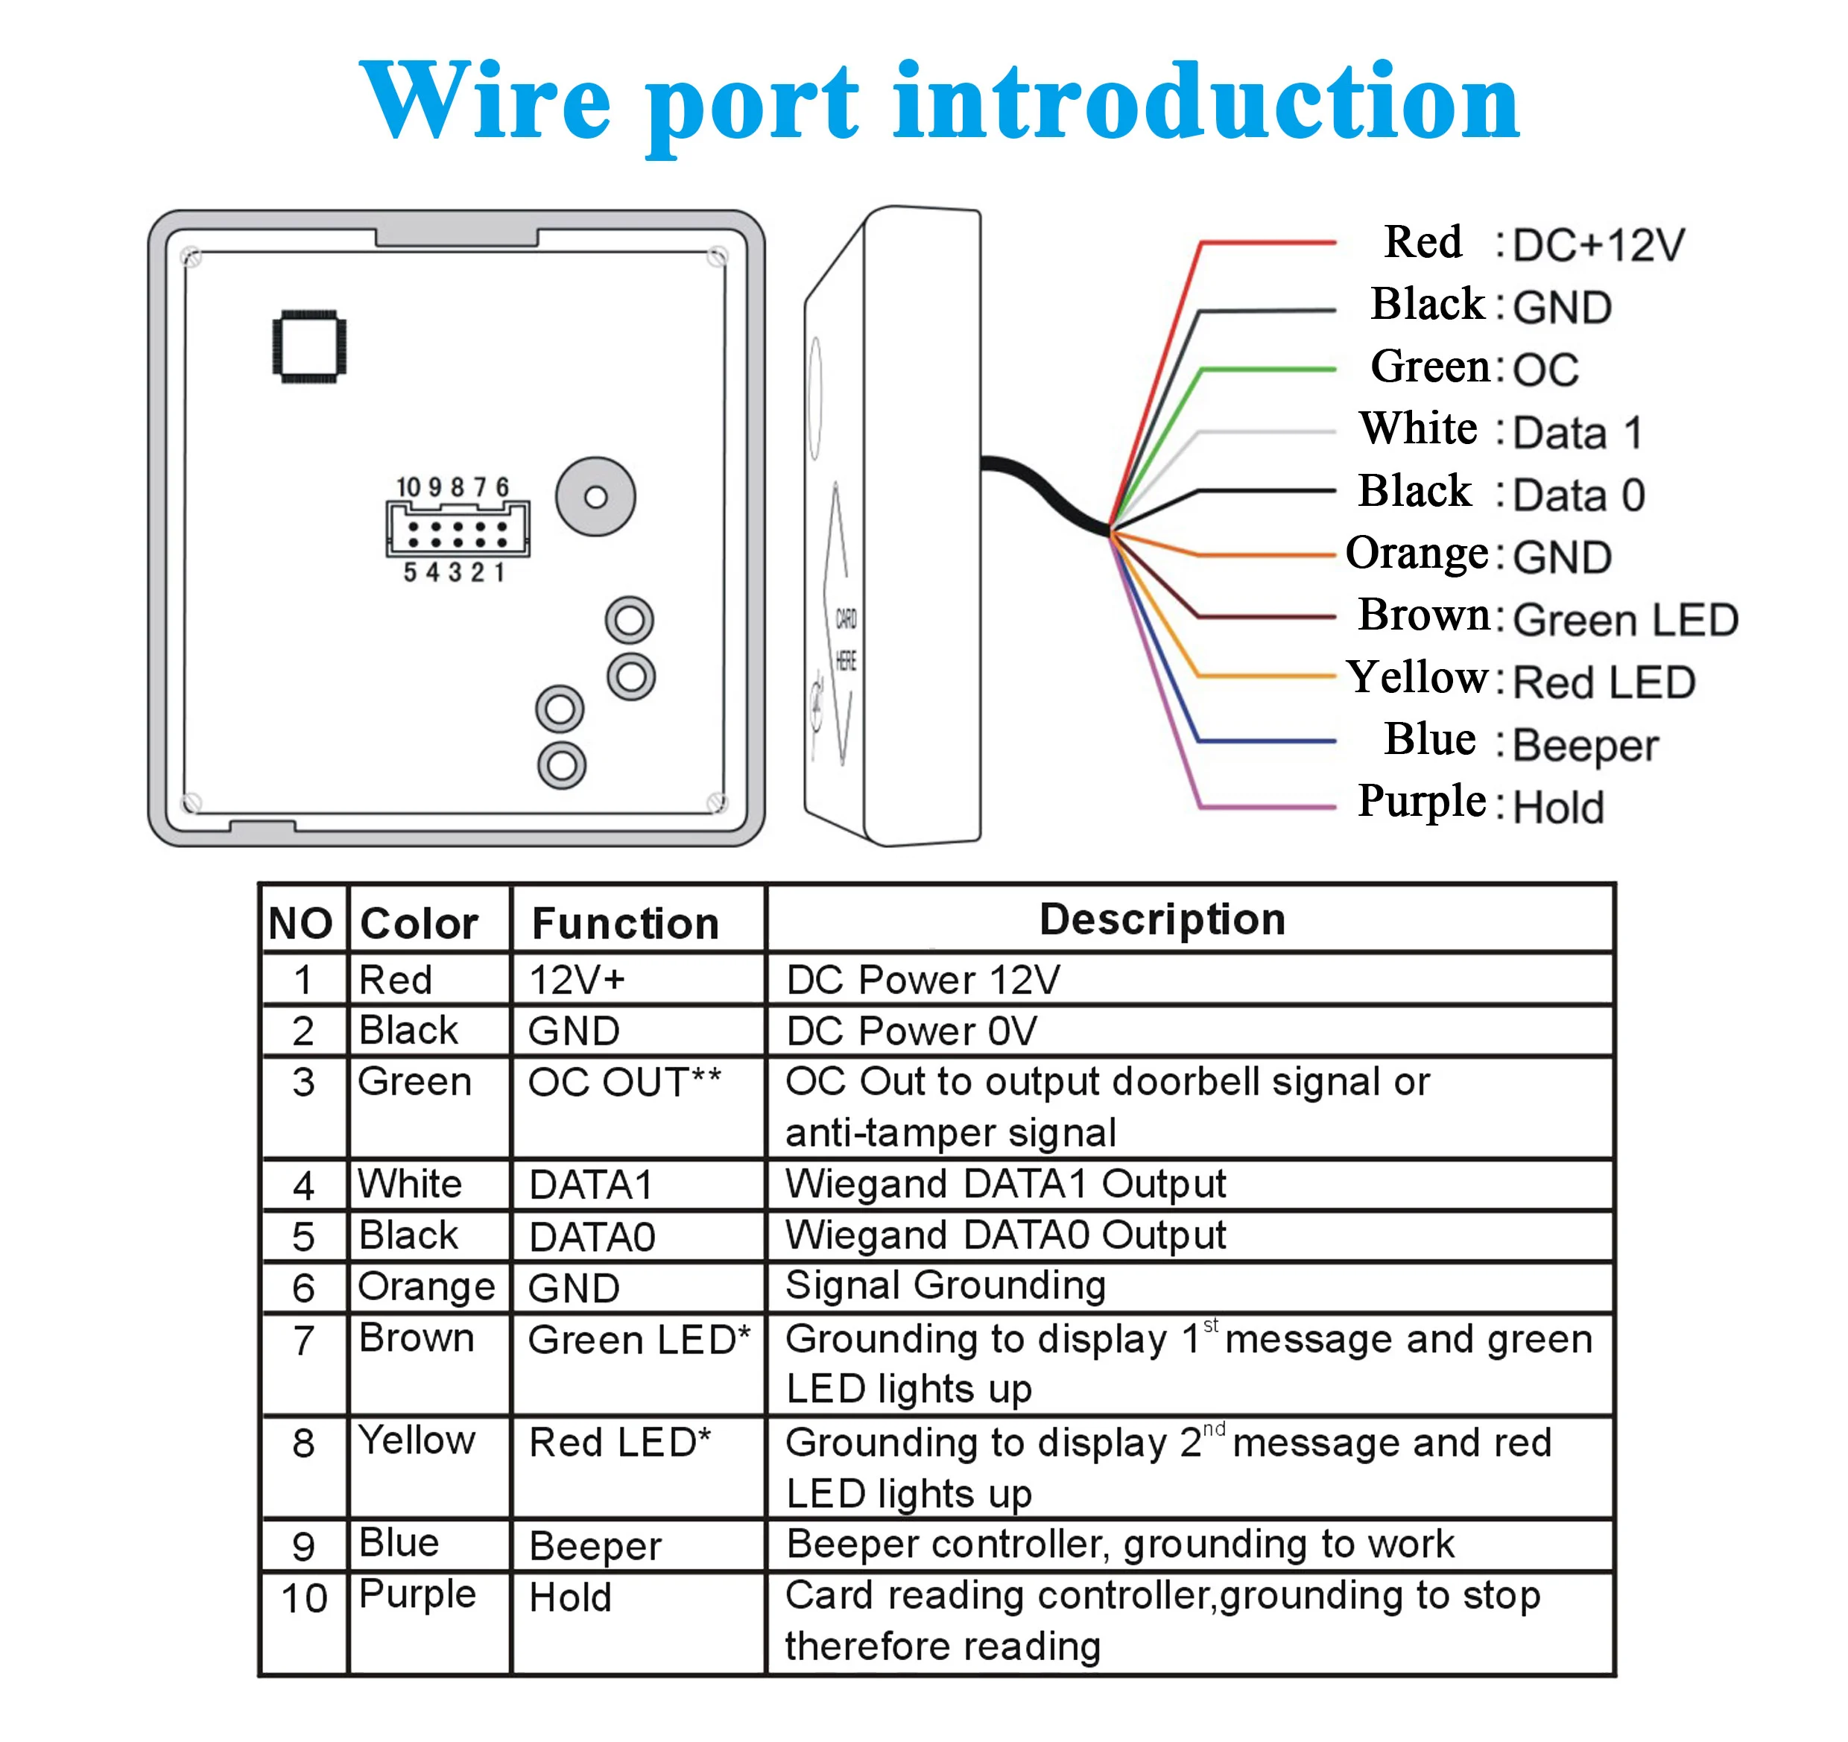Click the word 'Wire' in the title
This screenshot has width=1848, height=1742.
pyautogui.click(x=484, y=101)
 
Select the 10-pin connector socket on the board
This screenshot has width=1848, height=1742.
pyautogui.click(x=458, y=529)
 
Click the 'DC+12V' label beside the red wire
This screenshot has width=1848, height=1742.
pyautogui.click(x=1598, y=245)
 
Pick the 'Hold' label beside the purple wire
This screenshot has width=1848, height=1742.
pyautogui.click(x=1558, y=807)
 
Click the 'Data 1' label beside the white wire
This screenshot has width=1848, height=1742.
pyautogui.click(x=1578, y=433)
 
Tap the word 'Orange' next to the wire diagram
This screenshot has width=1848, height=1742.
pyautogui.click(x=1416, y=554)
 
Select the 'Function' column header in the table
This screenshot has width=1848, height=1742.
pyautogui.click(x=624, y=923)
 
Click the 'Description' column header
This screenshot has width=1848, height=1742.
pyautogui.click(x=1162, y=919)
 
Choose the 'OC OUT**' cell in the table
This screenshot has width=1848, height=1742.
pyautogui.click(x=624, y=1082)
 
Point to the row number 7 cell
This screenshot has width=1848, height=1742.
pyautogui.click(x=304, y=1340)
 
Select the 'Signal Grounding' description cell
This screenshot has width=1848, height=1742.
pyautogui.click(x=946, y=1285)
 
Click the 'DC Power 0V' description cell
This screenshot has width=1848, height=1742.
pyautogui.click(x=911, y=1031)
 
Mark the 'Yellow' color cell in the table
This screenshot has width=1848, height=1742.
pyautogui.click(x=417, y=1440)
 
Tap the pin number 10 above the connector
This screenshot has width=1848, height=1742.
pyautogui.click(x=408, y=487)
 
